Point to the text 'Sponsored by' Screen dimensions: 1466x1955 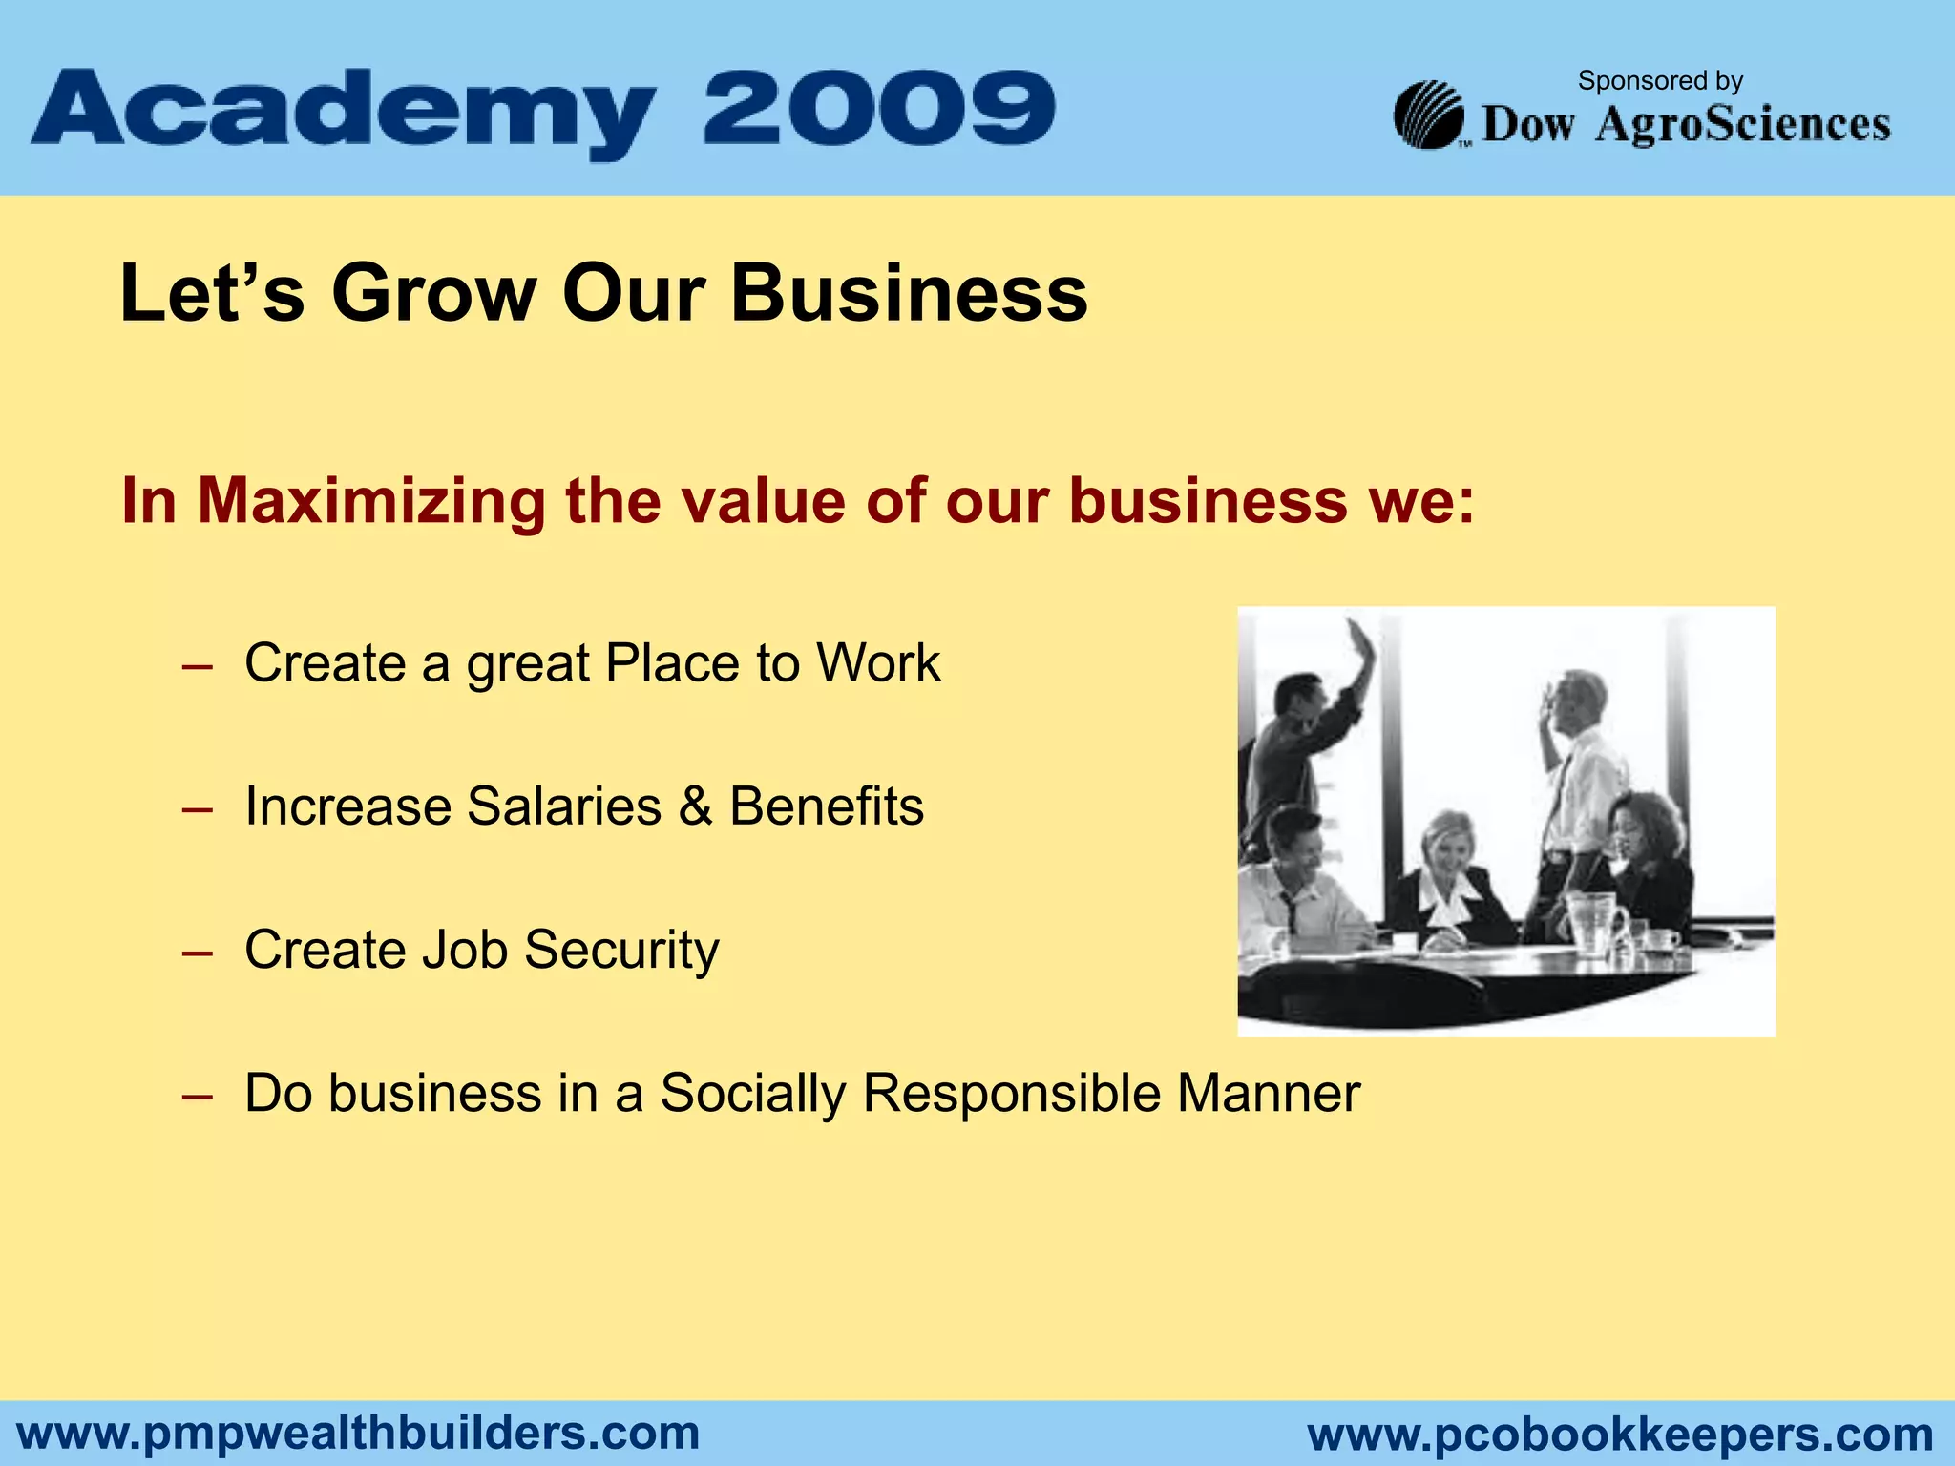pos(1660,81)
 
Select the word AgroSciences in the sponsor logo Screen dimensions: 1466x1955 pos(1742,125)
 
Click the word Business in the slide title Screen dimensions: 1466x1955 pos(909,293)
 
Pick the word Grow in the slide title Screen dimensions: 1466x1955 pos(433,293)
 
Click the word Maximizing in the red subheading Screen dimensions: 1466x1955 pos(371,500)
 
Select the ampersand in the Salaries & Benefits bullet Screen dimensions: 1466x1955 pos(695,806)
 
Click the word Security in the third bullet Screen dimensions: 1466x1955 pos(620,951)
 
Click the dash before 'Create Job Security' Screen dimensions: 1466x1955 pos(197,953)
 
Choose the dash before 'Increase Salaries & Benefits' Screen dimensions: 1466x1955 pos(197,809)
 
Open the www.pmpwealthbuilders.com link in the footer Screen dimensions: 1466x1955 pos(359,1434)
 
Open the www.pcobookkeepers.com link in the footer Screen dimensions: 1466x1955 pos(1620,1435)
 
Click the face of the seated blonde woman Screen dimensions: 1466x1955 pos(1447,845)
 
